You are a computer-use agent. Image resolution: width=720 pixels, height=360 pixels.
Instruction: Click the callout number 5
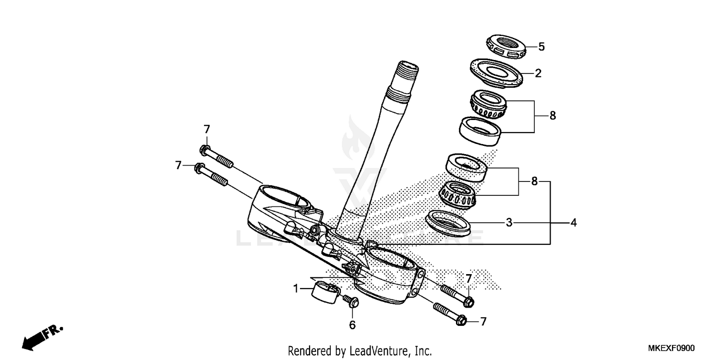click(x=541, y=47)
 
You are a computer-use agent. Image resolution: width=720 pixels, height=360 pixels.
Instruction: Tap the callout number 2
click(x=538, y=73)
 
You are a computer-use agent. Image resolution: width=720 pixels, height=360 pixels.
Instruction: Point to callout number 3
click(x=509, y=223)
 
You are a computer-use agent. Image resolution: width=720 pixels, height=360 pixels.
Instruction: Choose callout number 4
click(x=573, y=223)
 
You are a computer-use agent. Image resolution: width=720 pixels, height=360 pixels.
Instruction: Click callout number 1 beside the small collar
click(x=296, y=288)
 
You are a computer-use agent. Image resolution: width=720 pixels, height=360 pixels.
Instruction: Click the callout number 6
click(x=352, y=325)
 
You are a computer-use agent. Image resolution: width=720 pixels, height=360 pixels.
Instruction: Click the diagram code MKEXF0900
click(x=671, y=348)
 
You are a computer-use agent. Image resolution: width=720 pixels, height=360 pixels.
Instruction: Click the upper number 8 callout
click(x=552, y=116)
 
